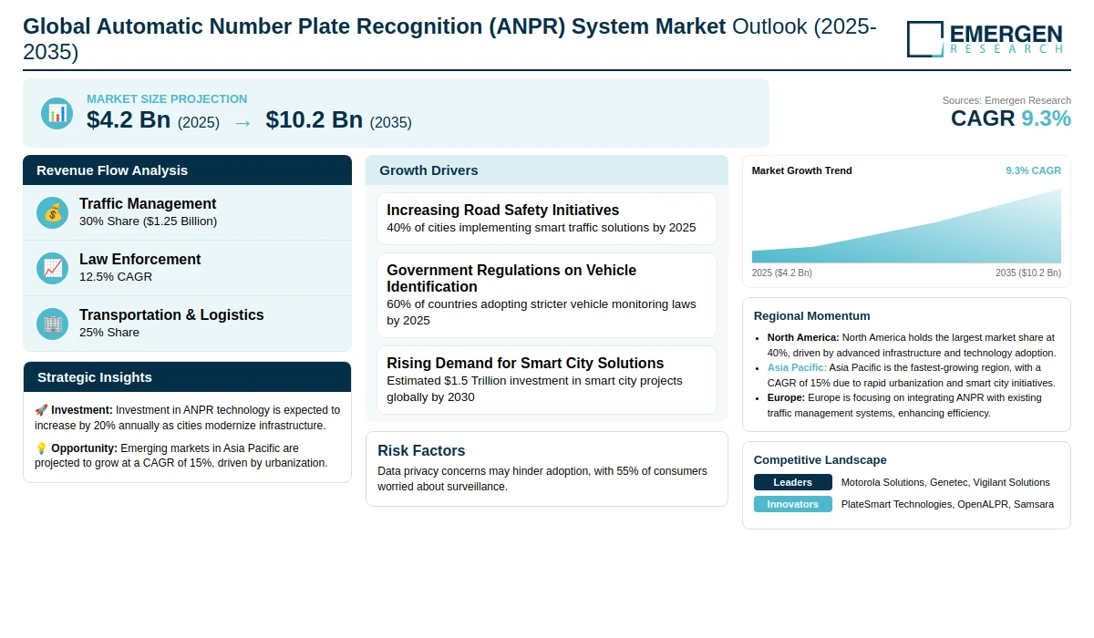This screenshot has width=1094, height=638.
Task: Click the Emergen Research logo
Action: [x=985, y=38]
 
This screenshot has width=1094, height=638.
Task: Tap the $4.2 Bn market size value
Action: [x=129, y=119]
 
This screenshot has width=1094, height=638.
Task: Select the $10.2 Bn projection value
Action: [x=314, y=119]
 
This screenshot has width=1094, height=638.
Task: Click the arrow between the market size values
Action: [x=243, y=121]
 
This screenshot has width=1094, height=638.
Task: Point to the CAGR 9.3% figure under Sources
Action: [x=1010, y=118]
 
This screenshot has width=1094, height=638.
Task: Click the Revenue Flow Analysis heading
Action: [x=112, y=170]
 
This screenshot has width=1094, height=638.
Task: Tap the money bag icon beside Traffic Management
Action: [x=53, y=212]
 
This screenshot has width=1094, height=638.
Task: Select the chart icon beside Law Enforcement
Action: [x=53, y=268]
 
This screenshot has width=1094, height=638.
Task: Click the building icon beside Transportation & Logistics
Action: [x=53, y=324]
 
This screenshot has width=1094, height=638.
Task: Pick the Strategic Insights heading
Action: [x=95, y=377]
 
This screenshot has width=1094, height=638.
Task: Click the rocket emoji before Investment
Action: [x=41, y=410]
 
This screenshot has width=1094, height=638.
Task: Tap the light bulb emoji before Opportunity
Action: [x=41, y=448]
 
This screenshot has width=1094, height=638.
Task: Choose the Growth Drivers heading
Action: [x=428, y=170]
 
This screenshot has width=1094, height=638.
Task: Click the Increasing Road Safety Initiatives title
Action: [x=502, y=210]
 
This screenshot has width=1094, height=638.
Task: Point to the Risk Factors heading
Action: [x=421, y=450]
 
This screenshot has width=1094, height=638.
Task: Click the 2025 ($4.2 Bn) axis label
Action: [x=781, y=273]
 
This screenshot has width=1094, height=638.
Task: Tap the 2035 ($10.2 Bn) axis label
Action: [x=1027, y=273]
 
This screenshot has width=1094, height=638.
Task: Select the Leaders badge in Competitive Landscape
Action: [x=792, y=482]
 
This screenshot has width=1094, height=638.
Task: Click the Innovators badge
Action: [x=792, y=504]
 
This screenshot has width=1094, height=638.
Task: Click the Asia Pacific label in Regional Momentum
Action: [x=797, y=367]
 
